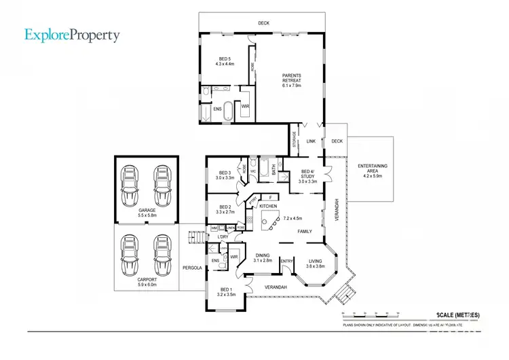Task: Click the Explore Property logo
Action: (73, 35)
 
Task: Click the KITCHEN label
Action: (268, 205)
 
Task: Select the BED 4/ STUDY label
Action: (308, 174)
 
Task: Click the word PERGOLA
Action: (193, 268)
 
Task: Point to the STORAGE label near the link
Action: (295, 139)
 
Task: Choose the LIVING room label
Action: (316, 261)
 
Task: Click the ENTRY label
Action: (286, 261)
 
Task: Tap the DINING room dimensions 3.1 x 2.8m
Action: (262, 260)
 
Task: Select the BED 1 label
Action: (225, 291)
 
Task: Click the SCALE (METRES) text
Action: (455, 315)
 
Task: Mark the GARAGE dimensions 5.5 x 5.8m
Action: (147, 215)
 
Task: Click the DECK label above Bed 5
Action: (263, 23)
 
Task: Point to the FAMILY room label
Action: (304, 232)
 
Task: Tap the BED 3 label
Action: (225, 173)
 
